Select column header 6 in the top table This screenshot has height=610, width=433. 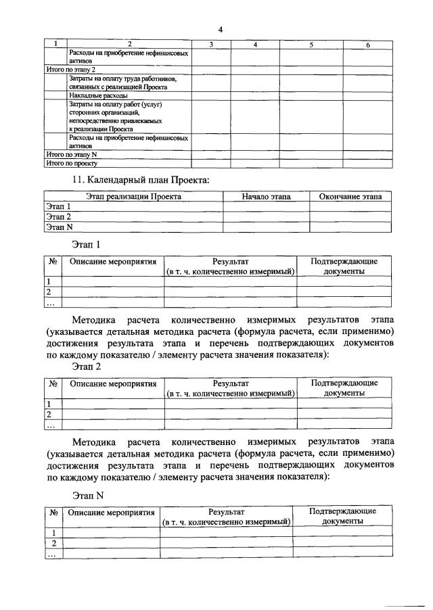(367, 44)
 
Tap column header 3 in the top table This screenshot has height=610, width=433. (211, 44)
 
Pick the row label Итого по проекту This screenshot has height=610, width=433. (72, 163)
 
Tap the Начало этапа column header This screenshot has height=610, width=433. (266, 197)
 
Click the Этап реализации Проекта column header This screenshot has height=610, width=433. (133, 197)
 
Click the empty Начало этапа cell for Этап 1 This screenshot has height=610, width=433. (266, 207)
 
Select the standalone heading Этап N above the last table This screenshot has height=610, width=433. (87, 495)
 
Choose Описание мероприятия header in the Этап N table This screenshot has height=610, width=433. (111, 513)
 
